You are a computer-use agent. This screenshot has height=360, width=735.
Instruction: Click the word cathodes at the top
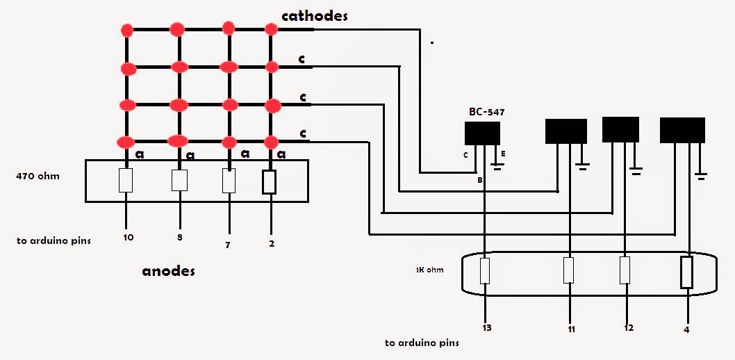pos(314,15)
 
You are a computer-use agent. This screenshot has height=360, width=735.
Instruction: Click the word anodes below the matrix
pos(168,270)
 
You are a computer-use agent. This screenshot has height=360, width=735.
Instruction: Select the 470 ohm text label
pos(38,177)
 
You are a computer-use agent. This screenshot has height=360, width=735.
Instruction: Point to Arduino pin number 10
pos(128,238)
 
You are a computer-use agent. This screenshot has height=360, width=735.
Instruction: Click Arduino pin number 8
pos(180,238)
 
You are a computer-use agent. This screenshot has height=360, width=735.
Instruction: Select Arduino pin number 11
pos(570,329)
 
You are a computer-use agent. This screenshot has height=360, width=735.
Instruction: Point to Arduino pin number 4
pos(686,330)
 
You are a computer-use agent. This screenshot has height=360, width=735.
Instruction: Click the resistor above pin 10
pos(126,180)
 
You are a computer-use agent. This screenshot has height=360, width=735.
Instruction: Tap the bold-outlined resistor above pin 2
pos(269,181)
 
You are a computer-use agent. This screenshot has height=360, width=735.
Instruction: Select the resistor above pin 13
pos(485,270)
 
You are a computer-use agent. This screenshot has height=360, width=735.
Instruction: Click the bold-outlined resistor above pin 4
pos(687,272)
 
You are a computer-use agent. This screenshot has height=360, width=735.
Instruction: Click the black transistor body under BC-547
pos(482,133)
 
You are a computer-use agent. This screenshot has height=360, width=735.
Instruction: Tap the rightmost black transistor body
pos(682,130)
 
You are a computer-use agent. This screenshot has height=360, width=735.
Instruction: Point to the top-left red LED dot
pos(126,31)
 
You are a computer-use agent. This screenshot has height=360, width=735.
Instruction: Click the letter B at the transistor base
pos(479,180)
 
